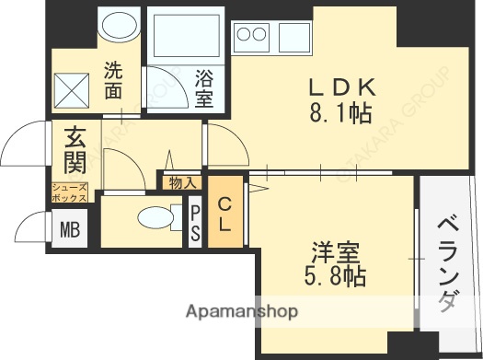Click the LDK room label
[340, 87]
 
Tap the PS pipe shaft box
[195, 224]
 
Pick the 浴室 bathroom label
[204, 86]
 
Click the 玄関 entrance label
[75, 152]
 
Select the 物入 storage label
[181, 182]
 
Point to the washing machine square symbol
[70, 91]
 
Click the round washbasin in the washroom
[117, 27]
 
